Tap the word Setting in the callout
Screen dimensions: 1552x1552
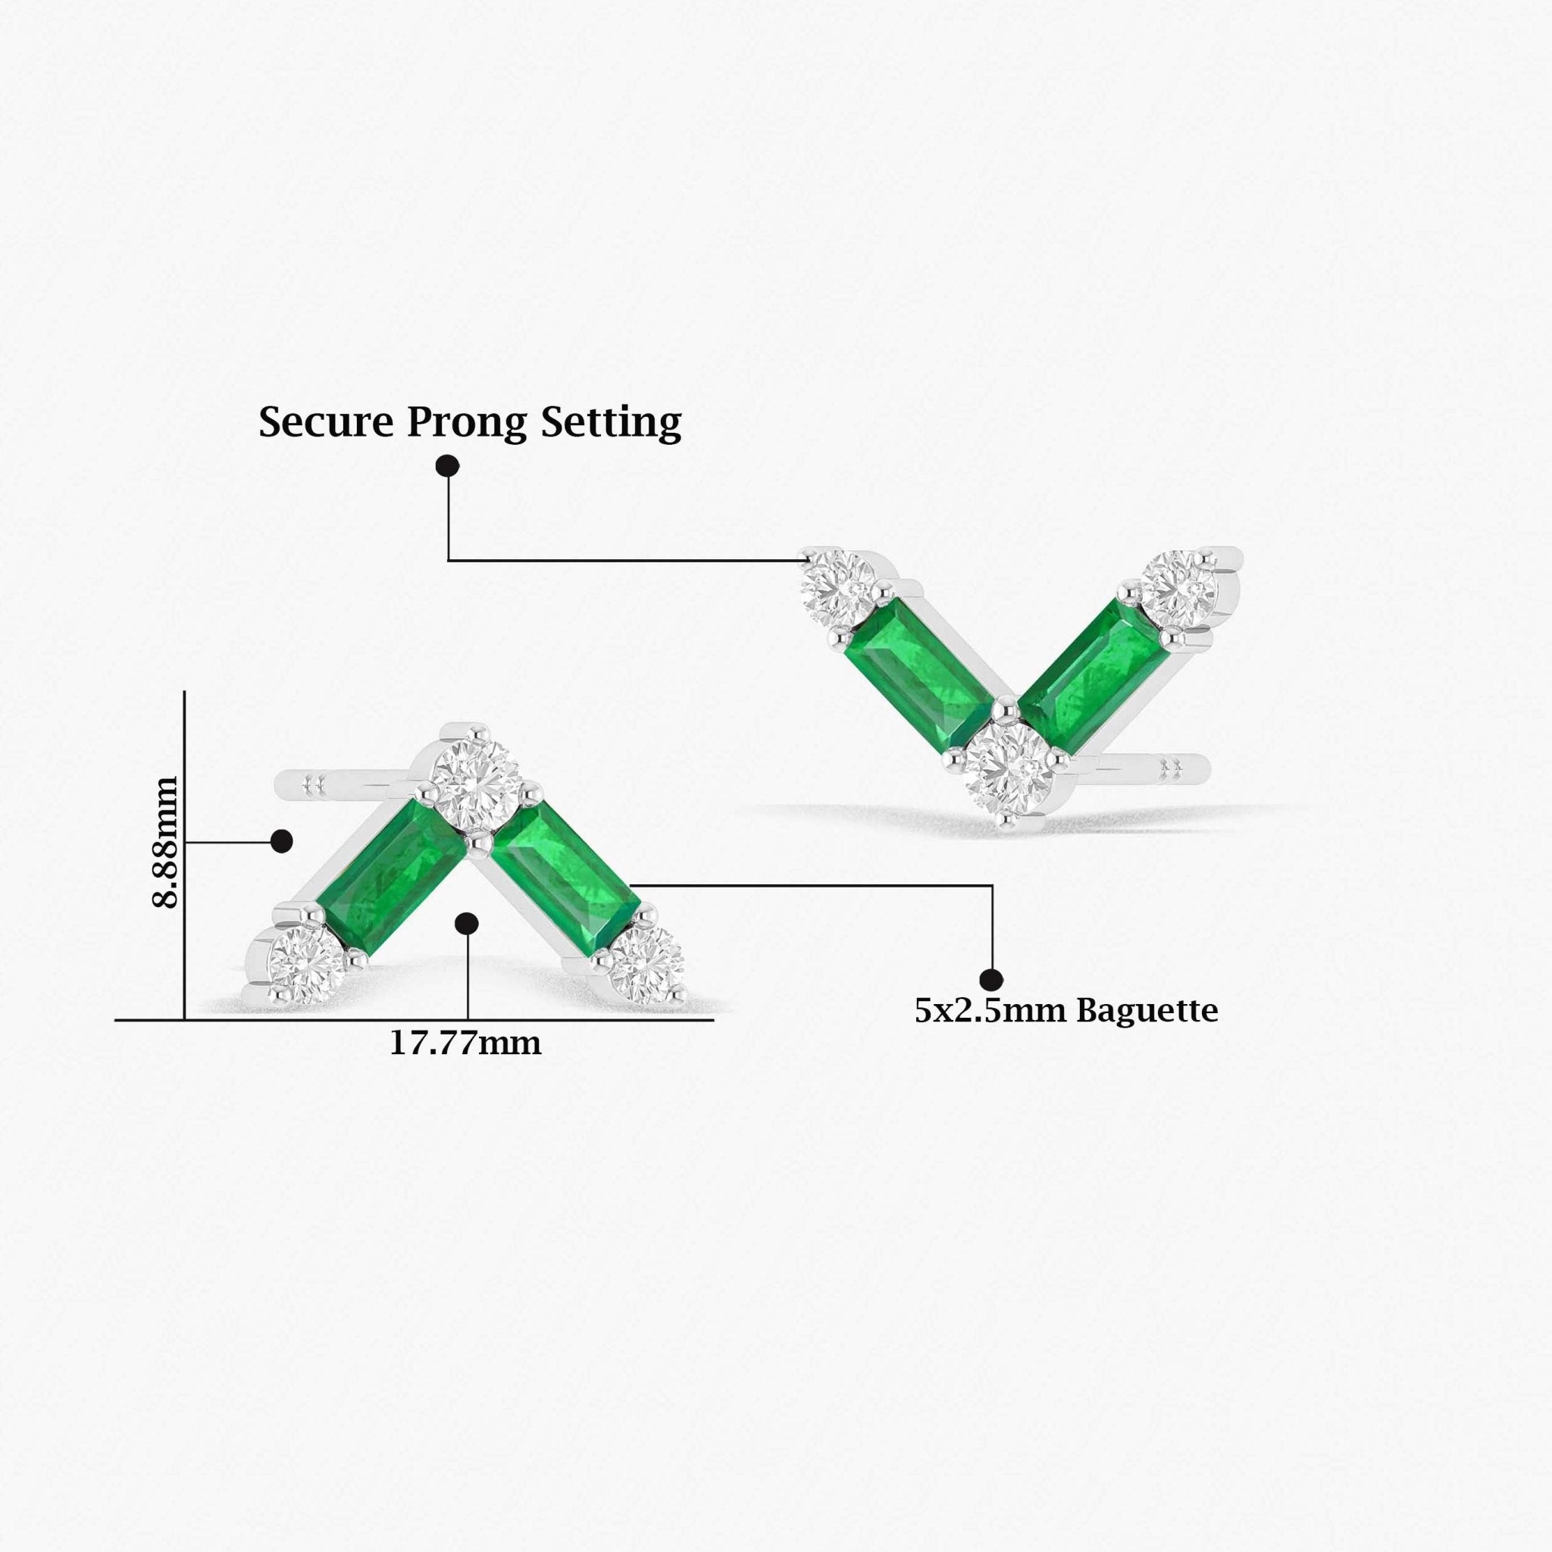pos(611,423)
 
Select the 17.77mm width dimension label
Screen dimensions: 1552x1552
pos(465,1044)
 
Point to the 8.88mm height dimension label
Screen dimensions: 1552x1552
pos(165,842)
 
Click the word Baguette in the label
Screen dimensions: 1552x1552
pos(1147,1011)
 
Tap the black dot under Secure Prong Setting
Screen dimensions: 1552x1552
pos(447,465)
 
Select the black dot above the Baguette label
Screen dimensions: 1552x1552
pos(991,979)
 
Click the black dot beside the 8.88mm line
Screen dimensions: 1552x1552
pos(281,841)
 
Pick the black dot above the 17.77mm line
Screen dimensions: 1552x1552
pos(467,924)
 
